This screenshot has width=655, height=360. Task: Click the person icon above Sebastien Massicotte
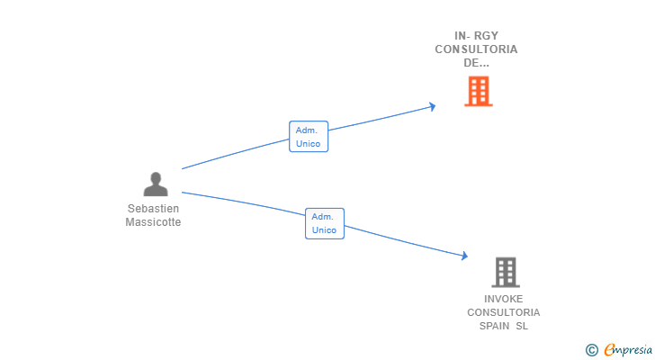click(156, 184)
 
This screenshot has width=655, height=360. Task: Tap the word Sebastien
click(153, 209)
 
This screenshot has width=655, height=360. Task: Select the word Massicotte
click(153, 222)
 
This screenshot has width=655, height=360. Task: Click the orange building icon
click(478, 91)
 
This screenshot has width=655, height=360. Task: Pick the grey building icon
click(506, 272)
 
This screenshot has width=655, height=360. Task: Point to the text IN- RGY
click(476, 36)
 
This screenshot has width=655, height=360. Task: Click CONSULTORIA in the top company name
click(476, 49)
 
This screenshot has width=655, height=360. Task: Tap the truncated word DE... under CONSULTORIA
click(476, 63)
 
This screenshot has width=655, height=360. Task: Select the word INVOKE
click(503, 299)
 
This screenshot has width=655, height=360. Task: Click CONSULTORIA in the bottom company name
click(503, 312)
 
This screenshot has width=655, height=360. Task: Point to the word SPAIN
click(494, 326)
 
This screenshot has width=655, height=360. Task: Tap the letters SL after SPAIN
click(522, 326)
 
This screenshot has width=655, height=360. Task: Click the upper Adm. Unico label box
click(308, 137)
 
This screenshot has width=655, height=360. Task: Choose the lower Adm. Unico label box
click(324, 223)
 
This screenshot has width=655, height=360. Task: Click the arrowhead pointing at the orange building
click(432, 106)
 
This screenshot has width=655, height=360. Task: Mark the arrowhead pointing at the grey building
click(464, 256)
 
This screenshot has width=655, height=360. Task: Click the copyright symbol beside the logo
click(591, 349)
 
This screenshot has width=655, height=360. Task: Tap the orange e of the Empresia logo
click(610, 349)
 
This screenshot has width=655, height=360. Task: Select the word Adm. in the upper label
click(307, 130)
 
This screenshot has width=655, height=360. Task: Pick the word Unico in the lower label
click(324, 230)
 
